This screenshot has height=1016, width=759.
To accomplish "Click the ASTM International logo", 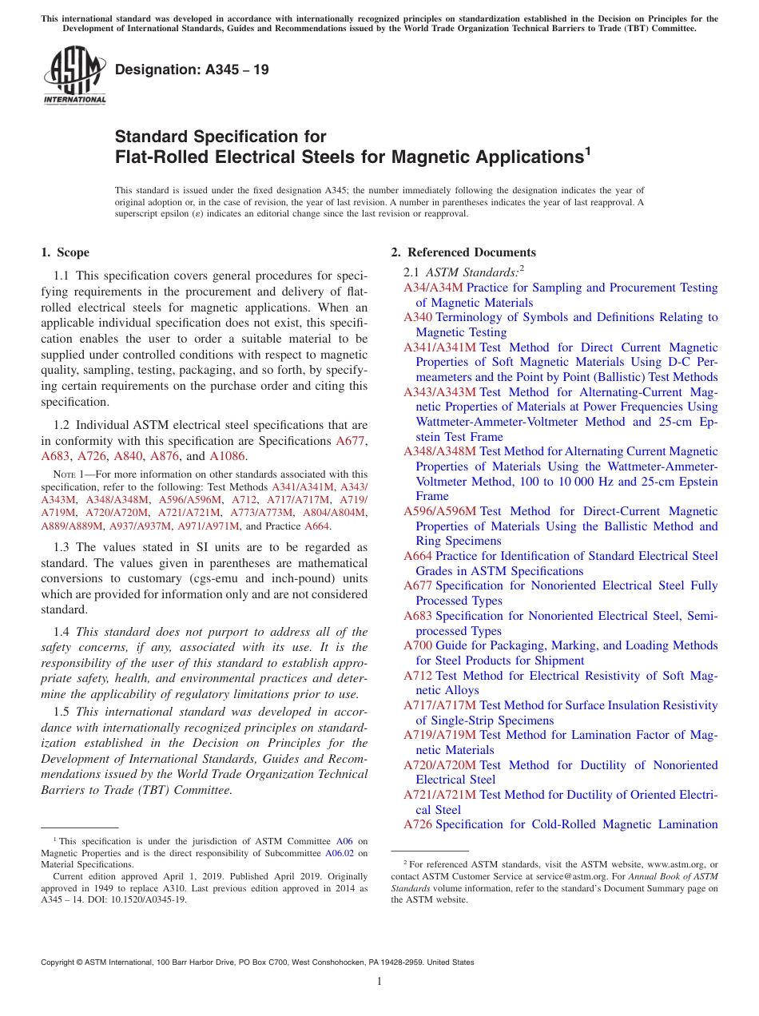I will tap(74, 75).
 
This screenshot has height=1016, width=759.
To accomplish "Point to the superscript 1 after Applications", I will tap(587, 149).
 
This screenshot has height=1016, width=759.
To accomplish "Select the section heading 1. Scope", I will tap(65, 252).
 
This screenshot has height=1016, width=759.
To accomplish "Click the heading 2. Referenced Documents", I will tap(463, 252).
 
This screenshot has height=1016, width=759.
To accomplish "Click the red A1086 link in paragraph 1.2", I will tap(228, 457).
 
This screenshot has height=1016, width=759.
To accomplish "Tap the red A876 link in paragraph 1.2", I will tap(165, 457).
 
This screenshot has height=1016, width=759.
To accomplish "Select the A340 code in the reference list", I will tap(418, 317).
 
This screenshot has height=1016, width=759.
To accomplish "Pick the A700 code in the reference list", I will tap(418, 645).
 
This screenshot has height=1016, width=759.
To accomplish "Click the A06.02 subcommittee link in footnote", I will tap(356, 853).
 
